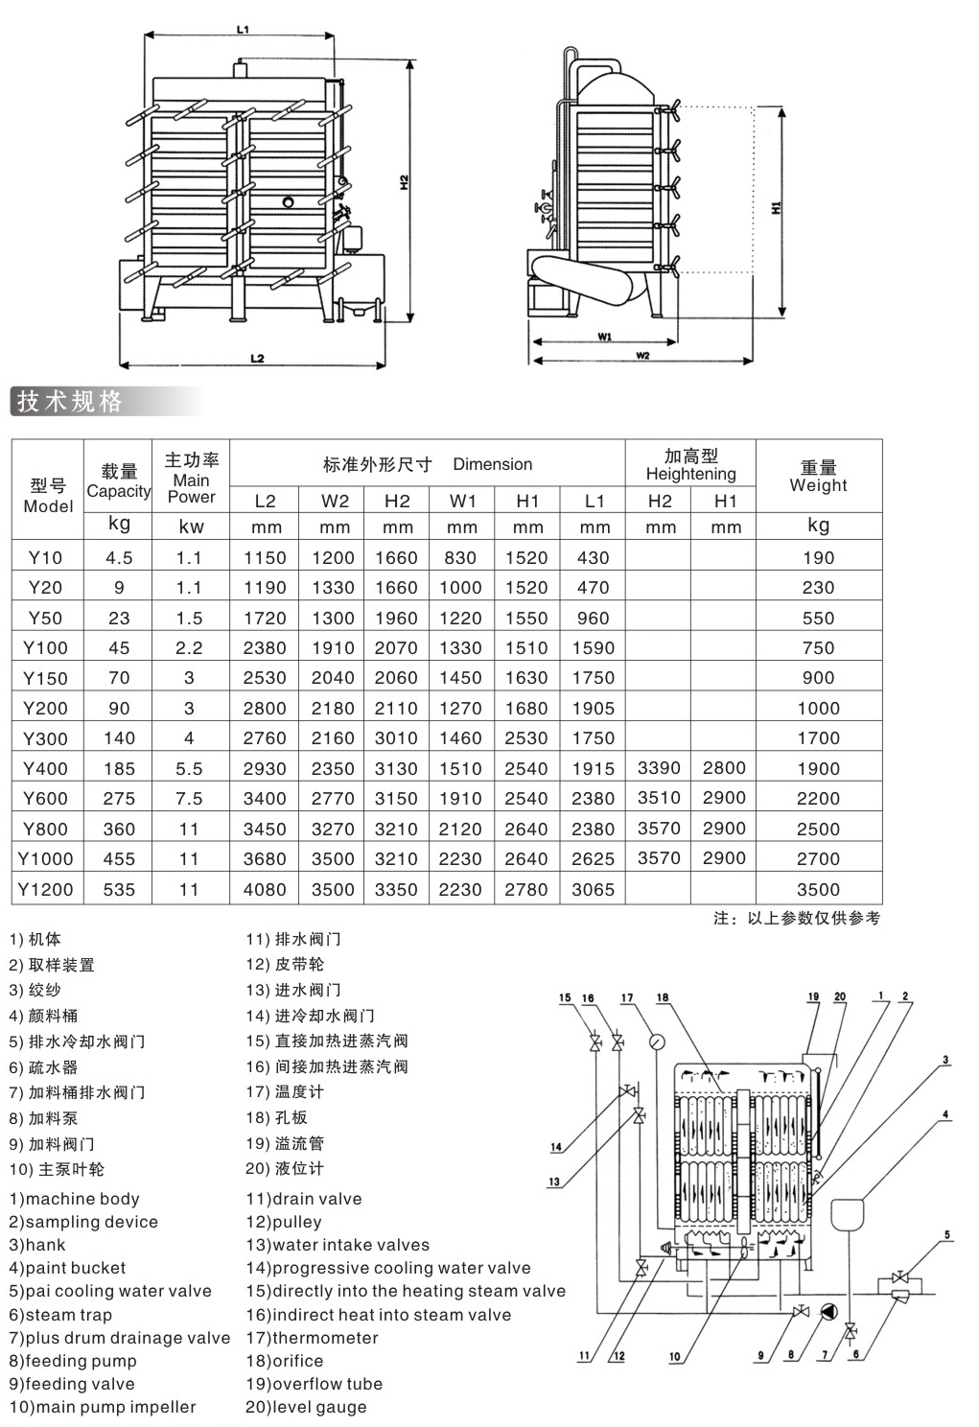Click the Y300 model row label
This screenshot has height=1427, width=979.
tap(45, 738)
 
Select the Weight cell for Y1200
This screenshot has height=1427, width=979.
tap(819, 889)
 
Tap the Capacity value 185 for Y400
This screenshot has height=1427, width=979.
tap(119, 769)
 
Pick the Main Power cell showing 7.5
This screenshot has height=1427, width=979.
tap(189, 799)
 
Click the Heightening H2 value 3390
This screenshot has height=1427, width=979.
tap(660, 768)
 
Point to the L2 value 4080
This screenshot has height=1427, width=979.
tap(265, 889)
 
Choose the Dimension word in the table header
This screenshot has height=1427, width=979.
tap(492, 464)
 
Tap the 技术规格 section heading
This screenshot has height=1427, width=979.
tap(69, 402)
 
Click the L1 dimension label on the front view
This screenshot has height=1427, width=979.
tap(243, 30)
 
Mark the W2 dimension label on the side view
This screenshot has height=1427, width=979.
tap(642, 356)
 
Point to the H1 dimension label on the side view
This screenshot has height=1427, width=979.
tap(776, 207)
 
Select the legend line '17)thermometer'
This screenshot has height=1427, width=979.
tap(312, 1337)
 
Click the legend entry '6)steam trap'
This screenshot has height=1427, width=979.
tap(60, 1314)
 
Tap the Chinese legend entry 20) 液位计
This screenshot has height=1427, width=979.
tap(285, 1168)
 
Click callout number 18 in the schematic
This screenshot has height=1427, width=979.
tap(663, 997)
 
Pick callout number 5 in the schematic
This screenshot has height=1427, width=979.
tap(947, 1234)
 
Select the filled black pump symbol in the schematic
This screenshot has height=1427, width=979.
tap(828, 1311)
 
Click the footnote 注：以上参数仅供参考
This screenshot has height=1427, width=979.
tap(797, 918)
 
